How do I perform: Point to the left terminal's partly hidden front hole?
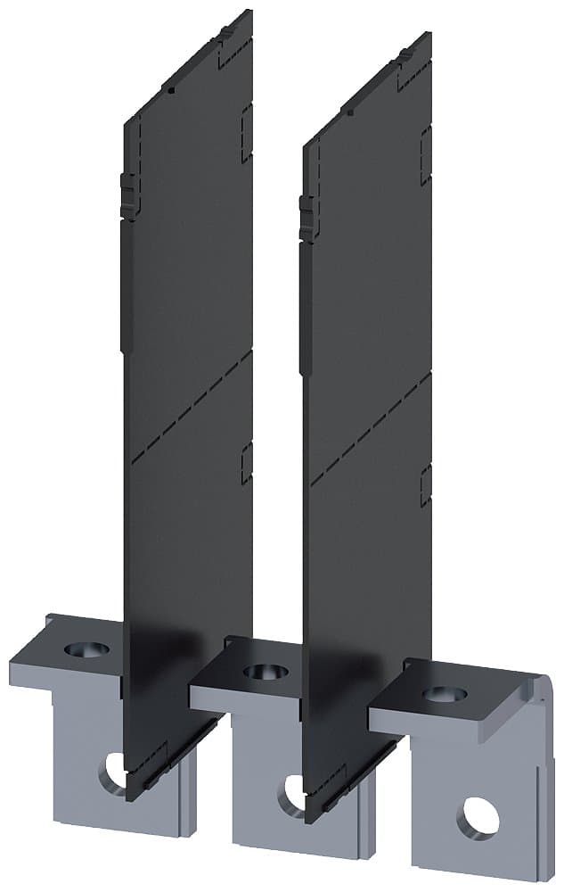tap(114, 769)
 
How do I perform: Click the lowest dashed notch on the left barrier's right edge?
tap(247, 463)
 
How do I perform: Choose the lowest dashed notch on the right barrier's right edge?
tap(426, 485)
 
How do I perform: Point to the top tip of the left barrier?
tap(248, 12)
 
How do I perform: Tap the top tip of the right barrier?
tap(429, 36)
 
